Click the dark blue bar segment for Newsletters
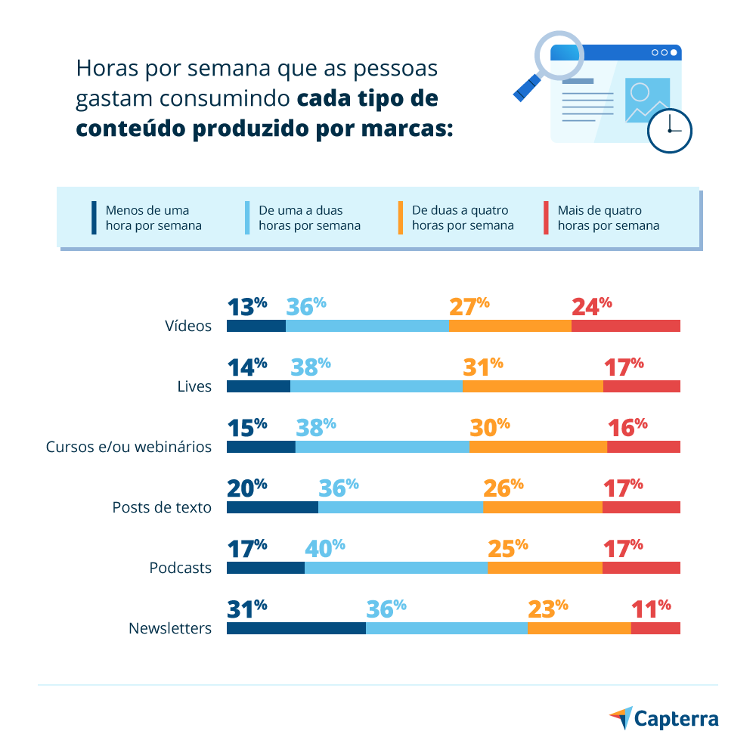(296, 628)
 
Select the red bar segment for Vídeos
(625, 326)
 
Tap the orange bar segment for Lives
(532, 386)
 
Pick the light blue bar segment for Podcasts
(395, 568)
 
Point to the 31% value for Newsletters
(247, 608)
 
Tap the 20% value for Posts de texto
(247, 487)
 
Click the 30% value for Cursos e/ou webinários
(489, 426)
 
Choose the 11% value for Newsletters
(651, 608)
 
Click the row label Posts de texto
(162, 507)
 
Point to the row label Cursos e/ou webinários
(129, 447)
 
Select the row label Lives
(194, 386)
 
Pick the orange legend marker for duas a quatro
(400, 218)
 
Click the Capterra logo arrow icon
(621, 717)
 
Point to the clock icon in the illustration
(670, 130)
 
